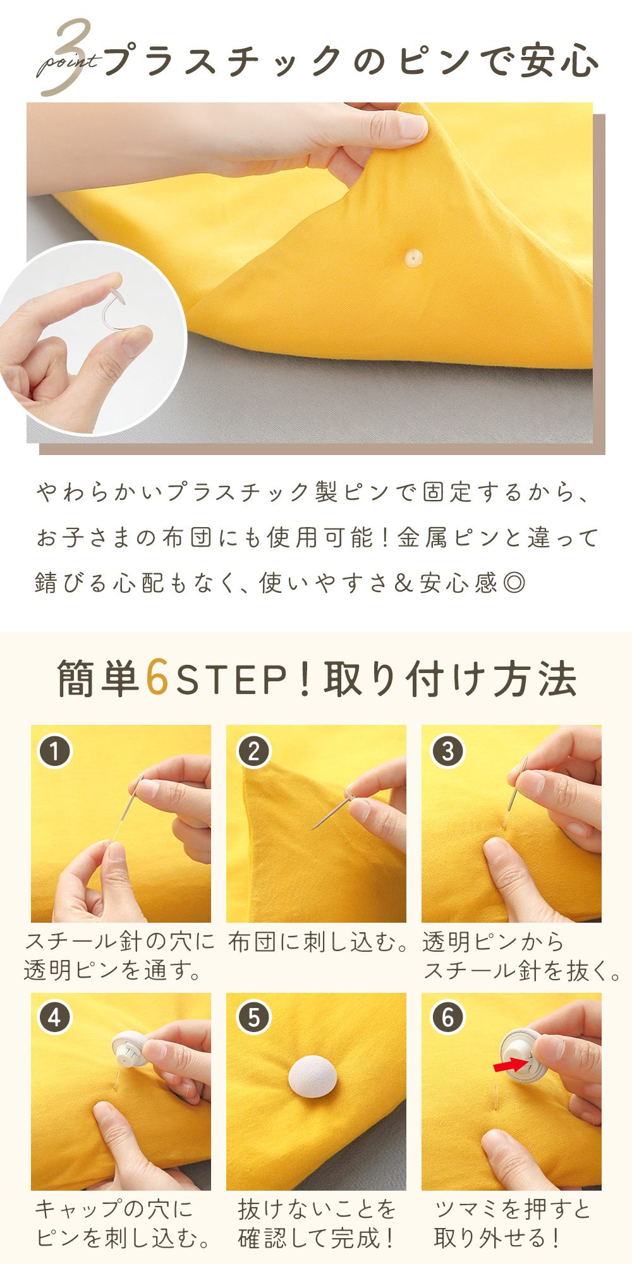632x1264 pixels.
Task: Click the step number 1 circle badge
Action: tap(55, 751)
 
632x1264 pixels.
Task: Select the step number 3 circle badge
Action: tap(448, 751)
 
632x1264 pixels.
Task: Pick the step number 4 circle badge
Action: tap(55, 1018)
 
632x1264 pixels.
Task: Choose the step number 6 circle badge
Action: tap(448, 1018)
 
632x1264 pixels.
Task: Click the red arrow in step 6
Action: tap(511, 1066)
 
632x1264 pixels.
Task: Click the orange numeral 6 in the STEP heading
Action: tap(157, 678)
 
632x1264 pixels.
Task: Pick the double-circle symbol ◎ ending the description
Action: tap(514, 582)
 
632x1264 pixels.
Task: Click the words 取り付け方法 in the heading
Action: tap(450, 679)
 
